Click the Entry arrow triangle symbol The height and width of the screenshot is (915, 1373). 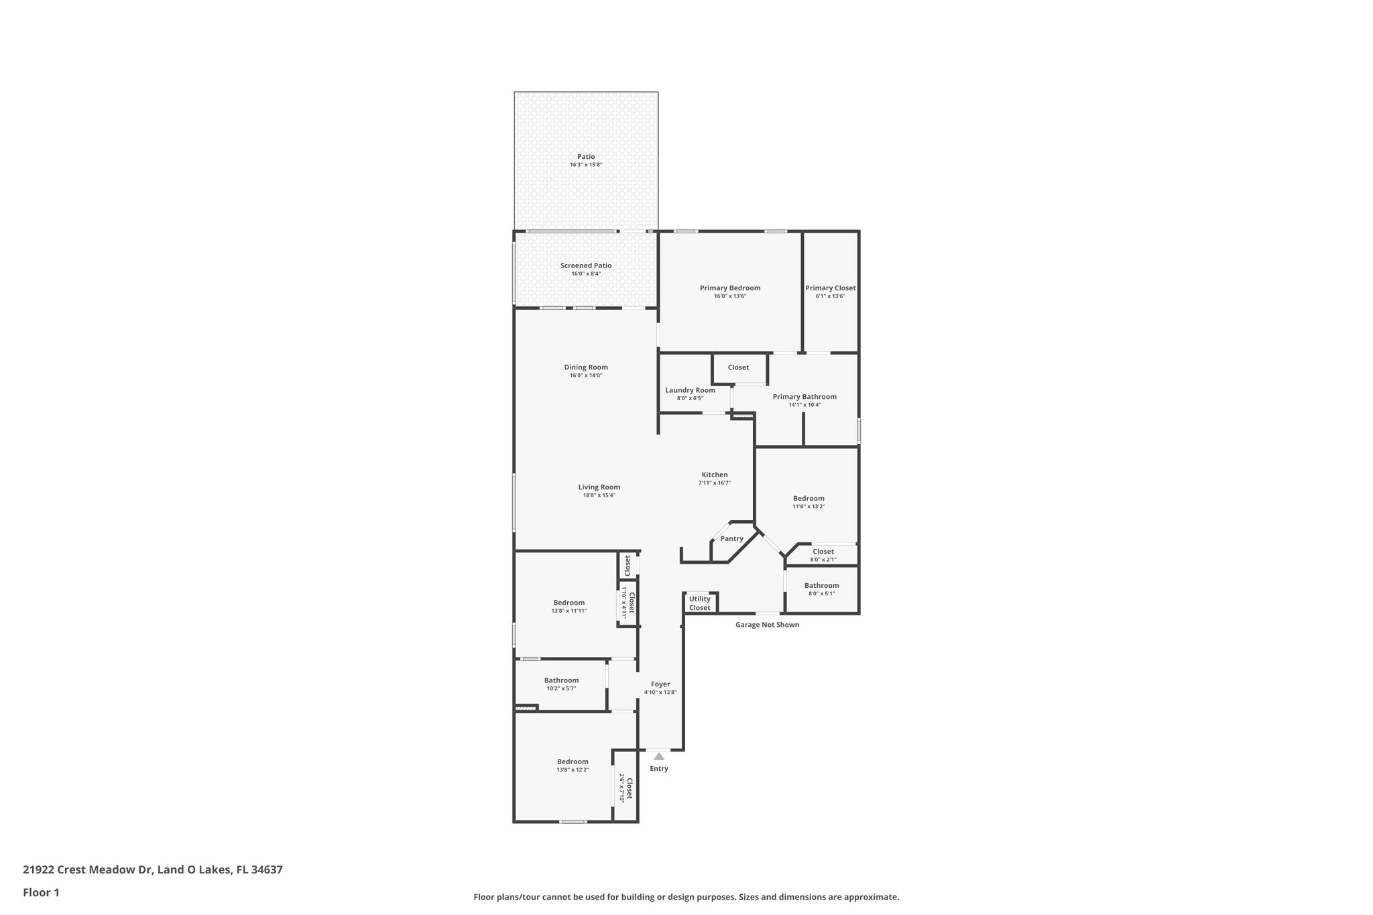(x=659, y=756)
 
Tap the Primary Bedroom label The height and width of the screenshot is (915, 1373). (x=730, y=288)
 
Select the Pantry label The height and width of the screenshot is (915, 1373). (x=731, y=539)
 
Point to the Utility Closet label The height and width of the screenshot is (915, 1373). (x=699, y=603)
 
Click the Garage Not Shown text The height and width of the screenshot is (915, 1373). (x=767, y=625)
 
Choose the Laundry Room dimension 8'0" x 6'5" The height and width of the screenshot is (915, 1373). (x=690, y=398)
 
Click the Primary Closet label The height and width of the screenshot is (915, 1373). (x=830, y=288)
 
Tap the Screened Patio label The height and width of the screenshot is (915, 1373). (x=586, y=265)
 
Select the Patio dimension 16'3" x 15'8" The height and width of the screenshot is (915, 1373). (x=586, y=165)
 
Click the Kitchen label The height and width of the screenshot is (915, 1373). (x=714, y=475)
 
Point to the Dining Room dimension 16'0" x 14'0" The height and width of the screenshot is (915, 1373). (x=586, y=375)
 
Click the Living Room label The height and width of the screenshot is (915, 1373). (x=599, y=487)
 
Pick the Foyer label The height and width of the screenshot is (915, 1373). (x=660, y=684)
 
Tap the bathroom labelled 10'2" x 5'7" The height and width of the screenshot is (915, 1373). (x=561, y=684)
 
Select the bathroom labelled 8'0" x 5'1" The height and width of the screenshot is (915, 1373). (x=821, y=589)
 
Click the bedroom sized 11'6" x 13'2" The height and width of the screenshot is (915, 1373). (x=809, y=501)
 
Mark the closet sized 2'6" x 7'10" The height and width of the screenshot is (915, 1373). (x=625, y=788)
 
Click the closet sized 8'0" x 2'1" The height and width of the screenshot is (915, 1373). (x=823, y=555)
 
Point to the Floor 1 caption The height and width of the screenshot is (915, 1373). (x=41, y=892)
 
